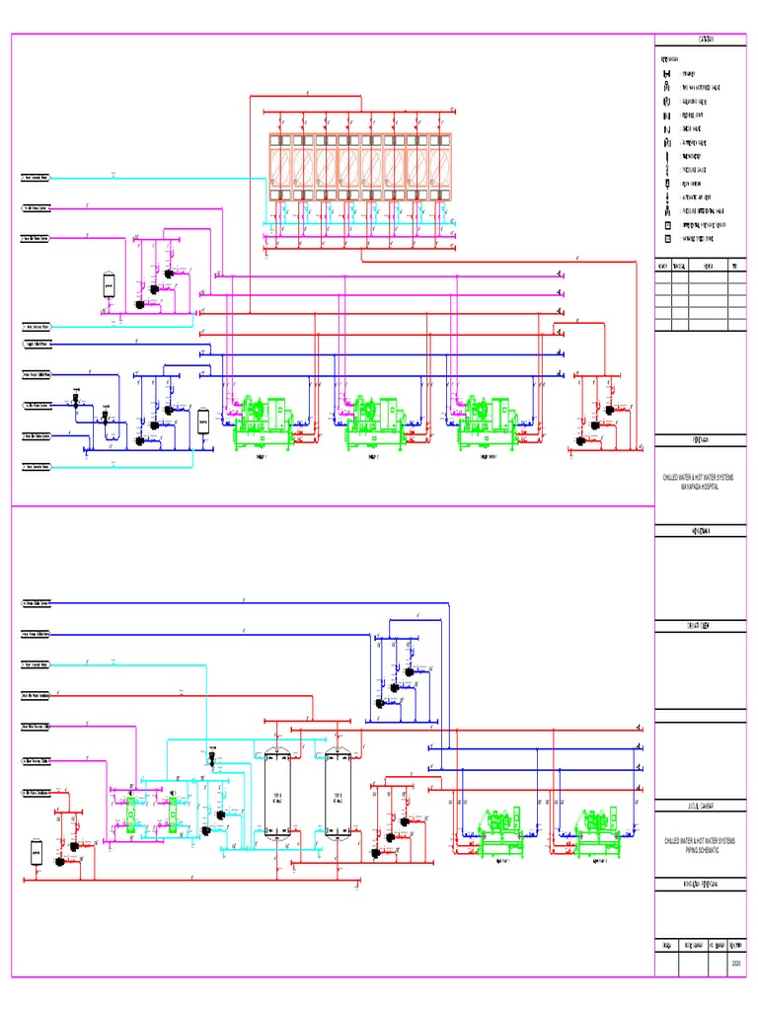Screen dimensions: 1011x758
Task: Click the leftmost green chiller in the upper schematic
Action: coord(262,420)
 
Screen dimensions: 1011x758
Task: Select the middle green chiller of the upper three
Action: coord(374,420)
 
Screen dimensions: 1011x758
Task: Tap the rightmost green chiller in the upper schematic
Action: coord(486,420)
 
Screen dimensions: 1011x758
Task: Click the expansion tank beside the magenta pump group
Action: coord(109,284)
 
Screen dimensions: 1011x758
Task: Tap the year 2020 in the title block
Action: coord(735,964)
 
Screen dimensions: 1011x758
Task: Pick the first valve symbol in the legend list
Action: coord(668,75)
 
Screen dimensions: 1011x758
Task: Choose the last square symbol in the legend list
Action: coord(668,239)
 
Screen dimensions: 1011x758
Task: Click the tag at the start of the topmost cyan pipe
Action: coord(37,179)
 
